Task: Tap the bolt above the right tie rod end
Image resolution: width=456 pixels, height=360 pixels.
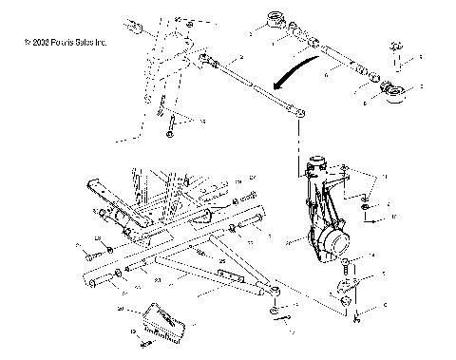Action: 391,49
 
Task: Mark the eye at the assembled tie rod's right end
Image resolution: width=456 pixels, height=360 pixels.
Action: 300,113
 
